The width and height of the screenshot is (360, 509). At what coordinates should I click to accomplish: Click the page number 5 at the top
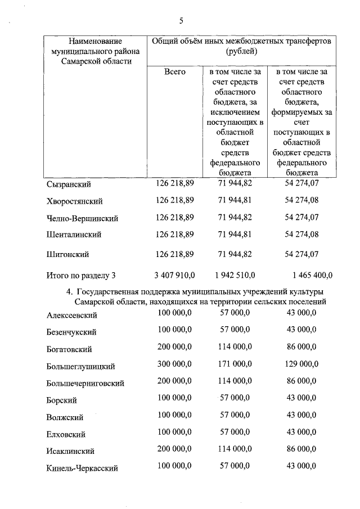181,21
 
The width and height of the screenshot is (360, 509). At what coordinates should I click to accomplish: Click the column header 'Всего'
175,72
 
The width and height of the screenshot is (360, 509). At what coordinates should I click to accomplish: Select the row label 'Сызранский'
69,184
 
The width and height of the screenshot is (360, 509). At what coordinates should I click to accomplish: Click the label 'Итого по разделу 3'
81,276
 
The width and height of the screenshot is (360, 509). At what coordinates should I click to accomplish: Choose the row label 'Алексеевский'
73,316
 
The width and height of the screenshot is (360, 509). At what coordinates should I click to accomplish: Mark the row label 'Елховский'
66,434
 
